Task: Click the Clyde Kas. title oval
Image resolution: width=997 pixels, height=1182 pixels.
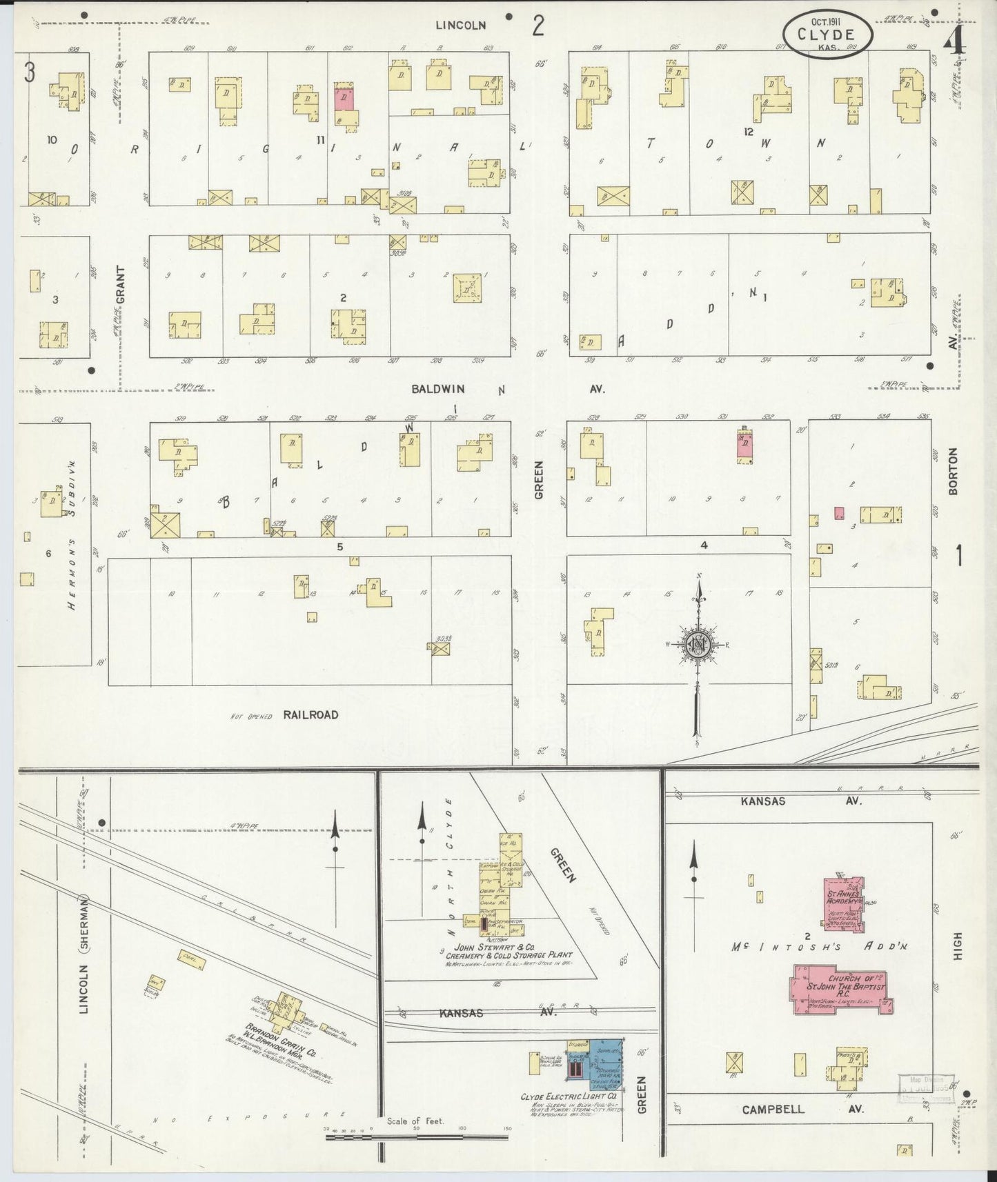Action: pos(827,34)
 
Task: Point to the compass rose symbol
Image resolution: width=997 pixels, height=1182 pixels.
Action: pos(698,645)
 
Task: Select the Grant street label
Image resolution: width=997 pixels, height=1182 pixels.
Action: pos(121,286)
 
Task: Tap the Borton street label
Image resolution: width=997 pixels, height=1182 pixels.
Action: pos(954,472)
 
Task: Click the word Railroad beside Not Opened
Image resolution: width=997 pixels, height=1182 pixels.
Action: pos(310,715)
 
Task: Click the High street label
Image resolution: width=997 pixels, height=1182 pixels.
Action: pos(956,946)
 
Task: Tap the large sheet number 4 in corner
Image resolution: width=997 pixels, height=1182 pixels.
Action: pos(955,43)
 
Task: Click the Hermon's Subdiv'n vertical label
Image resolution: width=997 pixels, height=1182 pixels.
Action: pos(71,556)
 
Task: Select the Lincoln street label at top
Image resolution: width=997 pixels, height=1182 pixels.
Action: pos(461,26)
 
